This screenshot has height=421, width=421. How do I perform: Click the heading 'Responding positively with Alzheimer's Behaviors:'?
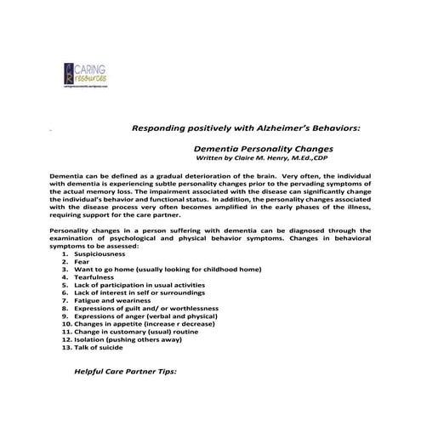247,128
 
